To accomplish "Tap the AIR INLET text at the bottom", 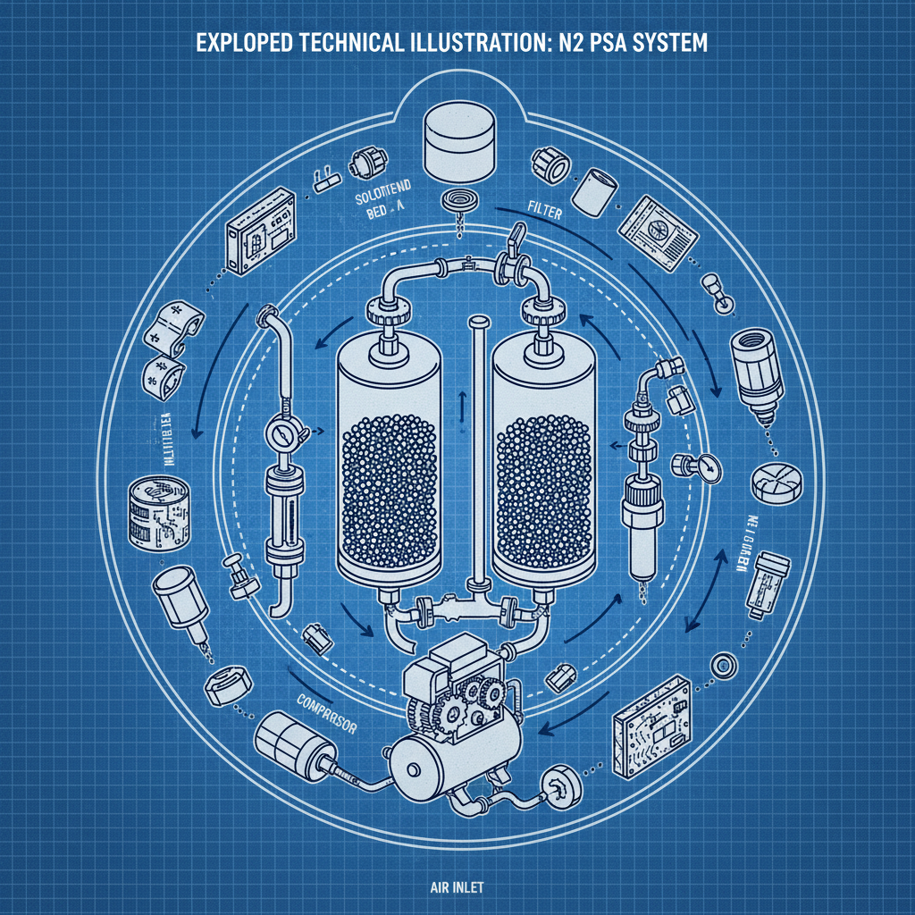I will pos(445,865).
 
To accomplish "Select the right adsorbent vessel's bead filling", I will pos(542,487).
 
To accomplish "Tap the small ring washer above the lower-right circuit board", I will pos(721,664).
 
